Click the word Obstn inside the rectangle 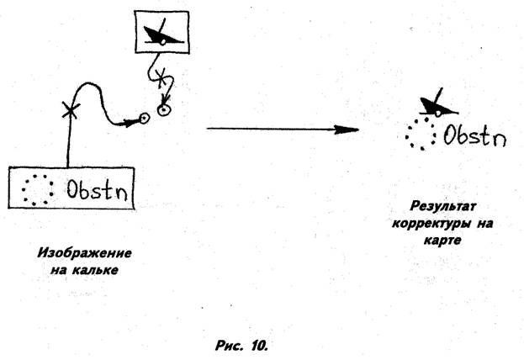pyautogui.click(x=97, y=189)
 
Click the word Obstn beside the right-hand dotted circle pyautogui.click(x=475, y=135)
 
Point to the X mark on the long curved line pyautogui.click(x=71, y=111)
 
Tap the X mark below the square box pyautogui.click(x=161, y=78)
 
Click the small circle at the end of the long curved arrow pyautogui.click(x=145, y=118)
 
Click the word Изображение pyautogui.click(x=84, y=253)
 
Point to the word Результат pyautogui.click(x=442, y=206)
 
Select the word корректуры pyautogui.click(x=431, y=223)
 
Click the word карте pyautogui.click(x=442, y=241)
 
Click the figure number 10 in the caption pyautogui.click(x=259, y=346)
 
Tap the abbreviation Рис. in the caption pyautogui.click(x=229, y=346)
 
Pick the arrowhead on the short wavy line pyautogui.click(x=165, y=99)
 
